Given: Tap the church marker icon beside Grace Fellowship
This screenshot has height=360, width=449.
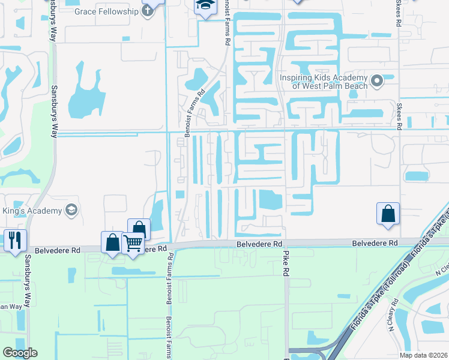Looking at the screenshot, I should (147, 12).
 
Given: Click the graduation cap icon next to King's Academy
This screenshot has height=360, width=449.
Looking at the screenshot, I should (71, 210).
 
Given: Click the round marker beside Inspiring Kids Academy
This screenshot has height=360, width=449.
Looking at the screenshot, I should (377, 80).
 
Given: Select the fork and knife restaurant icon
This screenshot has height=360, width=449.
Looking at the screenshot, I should (14, 239).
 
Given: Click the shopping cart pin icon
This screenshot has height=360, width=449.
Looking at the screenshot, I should (132, 243).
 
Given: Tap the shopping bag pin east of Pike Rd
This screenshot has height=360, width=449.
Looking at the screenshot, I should (388, 213).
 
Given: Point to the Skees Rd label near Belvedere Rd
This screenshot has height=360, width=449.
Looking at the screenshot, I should (397, 116).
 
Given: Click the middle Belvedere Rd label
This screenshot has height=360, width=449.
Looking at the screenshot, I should (259, 244).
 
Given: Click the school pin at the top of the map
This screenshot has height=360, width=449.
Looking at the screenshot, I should (205, 5).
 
